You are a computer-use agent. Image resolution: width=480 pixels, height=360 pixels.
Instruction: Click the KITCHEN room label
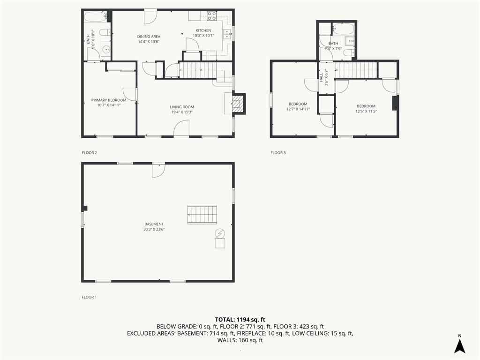pos(203,30)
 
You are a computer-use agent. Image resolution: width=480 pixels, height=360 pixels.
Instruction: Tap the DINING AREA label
pos(149,37)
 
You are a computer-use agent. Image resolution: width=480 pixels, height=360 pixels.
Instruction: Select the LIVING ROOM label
pos(182,107)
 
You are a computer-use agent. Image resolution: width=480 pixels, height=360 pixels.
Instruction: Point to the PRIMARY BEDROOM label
pos(109,100)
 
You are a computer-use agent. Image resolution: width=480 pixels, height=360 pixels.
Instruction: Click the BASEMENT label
pos(154,224)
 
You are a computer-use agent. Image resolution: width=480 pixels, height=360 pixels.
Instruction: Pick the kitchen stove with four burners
pos(211,15)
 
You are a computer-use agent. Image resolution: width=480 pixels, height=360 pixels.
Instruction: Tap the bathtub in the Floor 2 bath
pos(96,16)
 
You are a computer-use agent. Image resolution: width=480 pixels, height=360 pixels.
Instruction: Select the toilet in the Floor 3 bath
pos(348,53)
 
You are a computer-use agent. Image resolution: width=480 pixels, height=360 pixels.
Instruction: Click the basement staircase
pos(202,214)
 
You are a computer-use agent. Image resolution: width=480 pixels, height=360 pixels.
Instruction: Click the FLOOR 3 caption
pos(278,153)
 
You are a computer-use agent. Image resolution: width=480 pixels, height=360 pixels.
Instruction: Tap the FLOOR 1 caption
pos(89,297)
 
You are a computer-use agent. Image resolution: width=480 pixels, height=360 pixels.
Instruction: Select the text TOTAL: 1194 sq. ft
pos(240,320)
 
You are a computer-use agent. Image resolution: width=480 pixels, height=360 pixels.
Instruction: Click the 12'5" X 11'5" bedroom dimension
pos(366,112)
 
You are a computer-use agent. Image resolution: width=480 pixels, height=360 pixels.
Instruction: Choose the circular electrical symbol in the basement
pos(220,233)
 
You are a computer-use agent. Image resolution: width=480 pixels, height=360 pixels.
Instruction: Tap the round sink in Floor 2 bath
pos(106,48)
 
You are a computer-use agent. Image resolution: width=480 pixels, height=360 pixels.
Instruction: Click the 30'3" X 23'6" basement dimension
pos(154,229)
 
